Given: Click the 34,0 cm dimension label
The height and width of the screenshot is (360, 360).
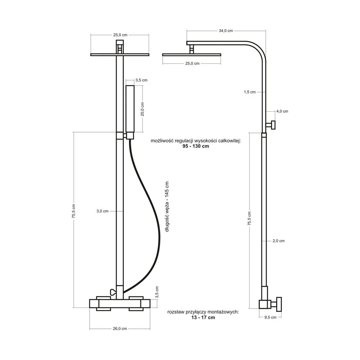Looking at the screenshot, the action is [226, 31].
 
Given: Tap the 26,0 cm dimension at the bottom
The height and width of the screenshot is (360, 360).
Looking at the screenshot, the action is [120, 329].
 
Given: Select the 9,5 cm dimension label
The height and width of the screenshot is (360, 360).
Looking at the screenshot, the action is [270, 317].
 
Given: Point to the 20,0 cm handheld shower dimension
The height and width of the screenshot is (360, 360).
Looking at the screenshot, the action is [142, 109].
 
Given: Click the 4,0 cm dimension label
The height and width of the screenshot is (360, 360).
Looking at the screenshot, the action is [282, 111].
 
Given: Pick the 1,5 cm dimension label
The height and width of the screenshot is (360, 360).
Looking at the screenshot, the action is [249, 92].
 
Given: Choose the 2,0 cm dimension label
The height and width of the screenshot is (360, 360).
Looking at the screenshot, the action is [279, 241].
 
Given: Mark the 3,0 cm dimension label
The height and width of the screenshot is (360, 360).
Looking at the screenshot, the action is [102, 211].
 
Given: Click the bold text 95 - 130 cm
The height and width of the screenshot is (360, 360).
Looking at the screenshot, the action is [196, 146].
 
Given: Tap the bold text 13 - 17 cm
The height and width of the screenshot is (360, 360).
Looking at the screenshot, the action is [203, 318].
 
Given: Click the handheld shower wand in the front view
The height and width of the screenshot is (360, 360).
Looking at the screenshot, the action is [130, 112].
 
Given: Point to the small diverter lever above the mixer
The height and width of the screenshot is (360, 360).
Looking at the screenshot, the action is [113, 292].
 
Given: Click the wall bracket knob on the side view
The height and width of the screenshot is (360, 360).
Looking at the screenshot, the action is [271, 125].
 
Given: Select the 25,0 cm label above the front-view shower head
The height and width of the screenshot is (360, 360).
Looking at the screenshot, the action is [120, 35].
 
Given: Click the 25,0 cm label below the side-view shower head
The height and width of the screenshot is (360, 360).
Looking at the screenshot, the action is [192, 64].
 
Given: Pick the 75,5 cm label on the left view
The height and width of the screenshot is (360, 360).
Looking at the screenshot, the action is [73, 211].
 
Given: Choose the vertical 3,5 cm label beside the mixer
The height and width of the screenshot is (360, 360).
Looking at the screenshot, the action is [157, 292].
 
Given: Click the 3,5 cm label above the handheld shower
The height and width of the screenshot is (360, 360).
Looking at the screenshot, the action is [141, 80].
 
